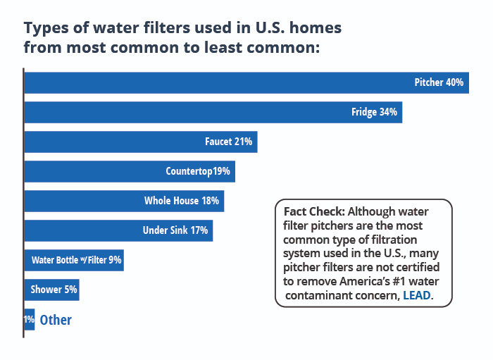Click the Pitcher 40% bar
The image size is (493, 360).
pyautogui.click(x=246, y=82)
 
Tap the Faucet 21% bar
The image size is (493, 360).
pyautogui.click(x=141, y=142)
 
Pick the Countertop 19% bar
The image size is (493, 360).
pyautogui.click(x=130, y=171)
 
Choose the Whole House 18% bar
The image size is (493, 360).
pyautogui.click(x=124, y=201)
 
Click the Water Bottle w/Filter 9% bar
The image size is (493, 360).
pyautogui.click(x=74, y=260)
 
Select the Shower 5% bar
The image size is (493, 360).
pyautogui.click(x=51, y=290)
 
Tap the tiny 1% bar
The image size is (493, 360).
pyautogui.click(x=29, y=319)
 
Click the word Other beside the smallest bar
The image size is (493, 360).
pyautogui.click(x=56, y=320)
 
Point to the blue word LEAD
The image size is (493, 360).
pyautogui.click(x=416, y=297)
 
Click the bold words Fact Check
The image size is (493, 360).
pyautogui.click(x=313, y=211)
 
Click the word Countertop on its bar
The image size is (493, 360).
pyautogui.click(x=189, y=171)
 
